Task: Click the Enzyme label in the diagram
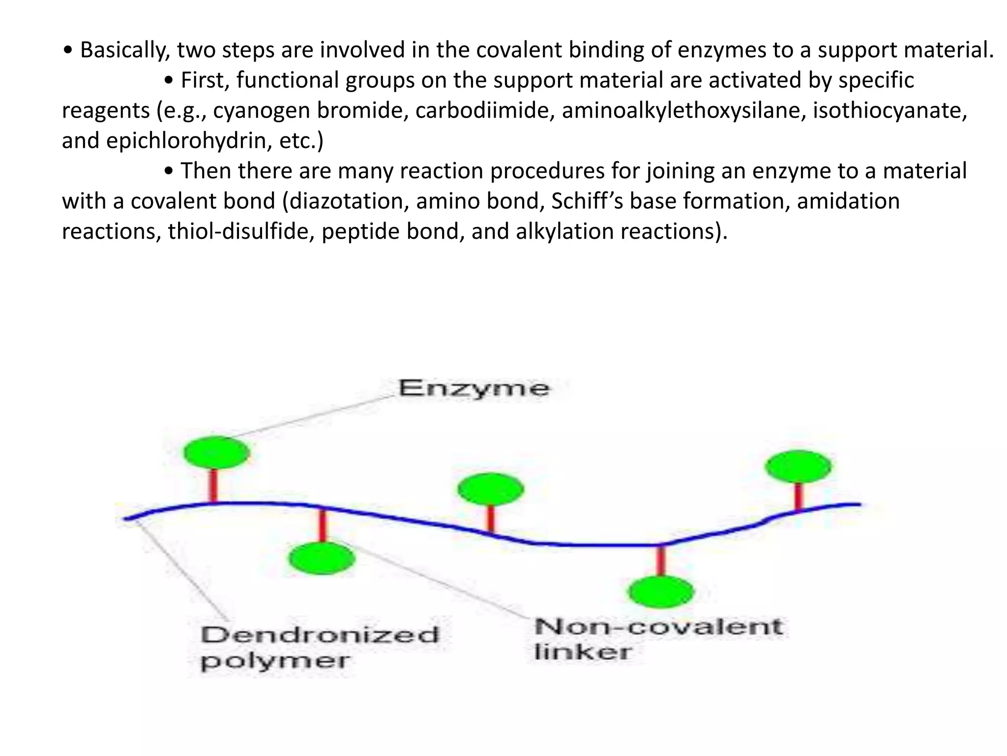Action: click(x=474, y=389)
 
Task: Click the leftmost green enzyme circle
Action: click(x=216, y=452)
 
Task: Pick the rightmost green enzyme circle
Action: click(x=798, y=466)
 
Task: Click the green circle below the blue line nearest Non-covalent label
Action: click(x=661, y=592)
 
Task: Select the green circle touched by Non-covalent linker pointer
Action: click(x=322, y=558)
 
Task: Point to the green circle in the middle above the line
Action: click(x=490, y=489)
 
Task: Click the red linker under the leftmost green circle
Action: click(x=213, y=485)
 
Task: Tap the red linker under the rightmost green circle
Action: click(x=799, y=497)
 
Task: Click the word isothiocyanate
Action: click(x=889, y=110)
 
